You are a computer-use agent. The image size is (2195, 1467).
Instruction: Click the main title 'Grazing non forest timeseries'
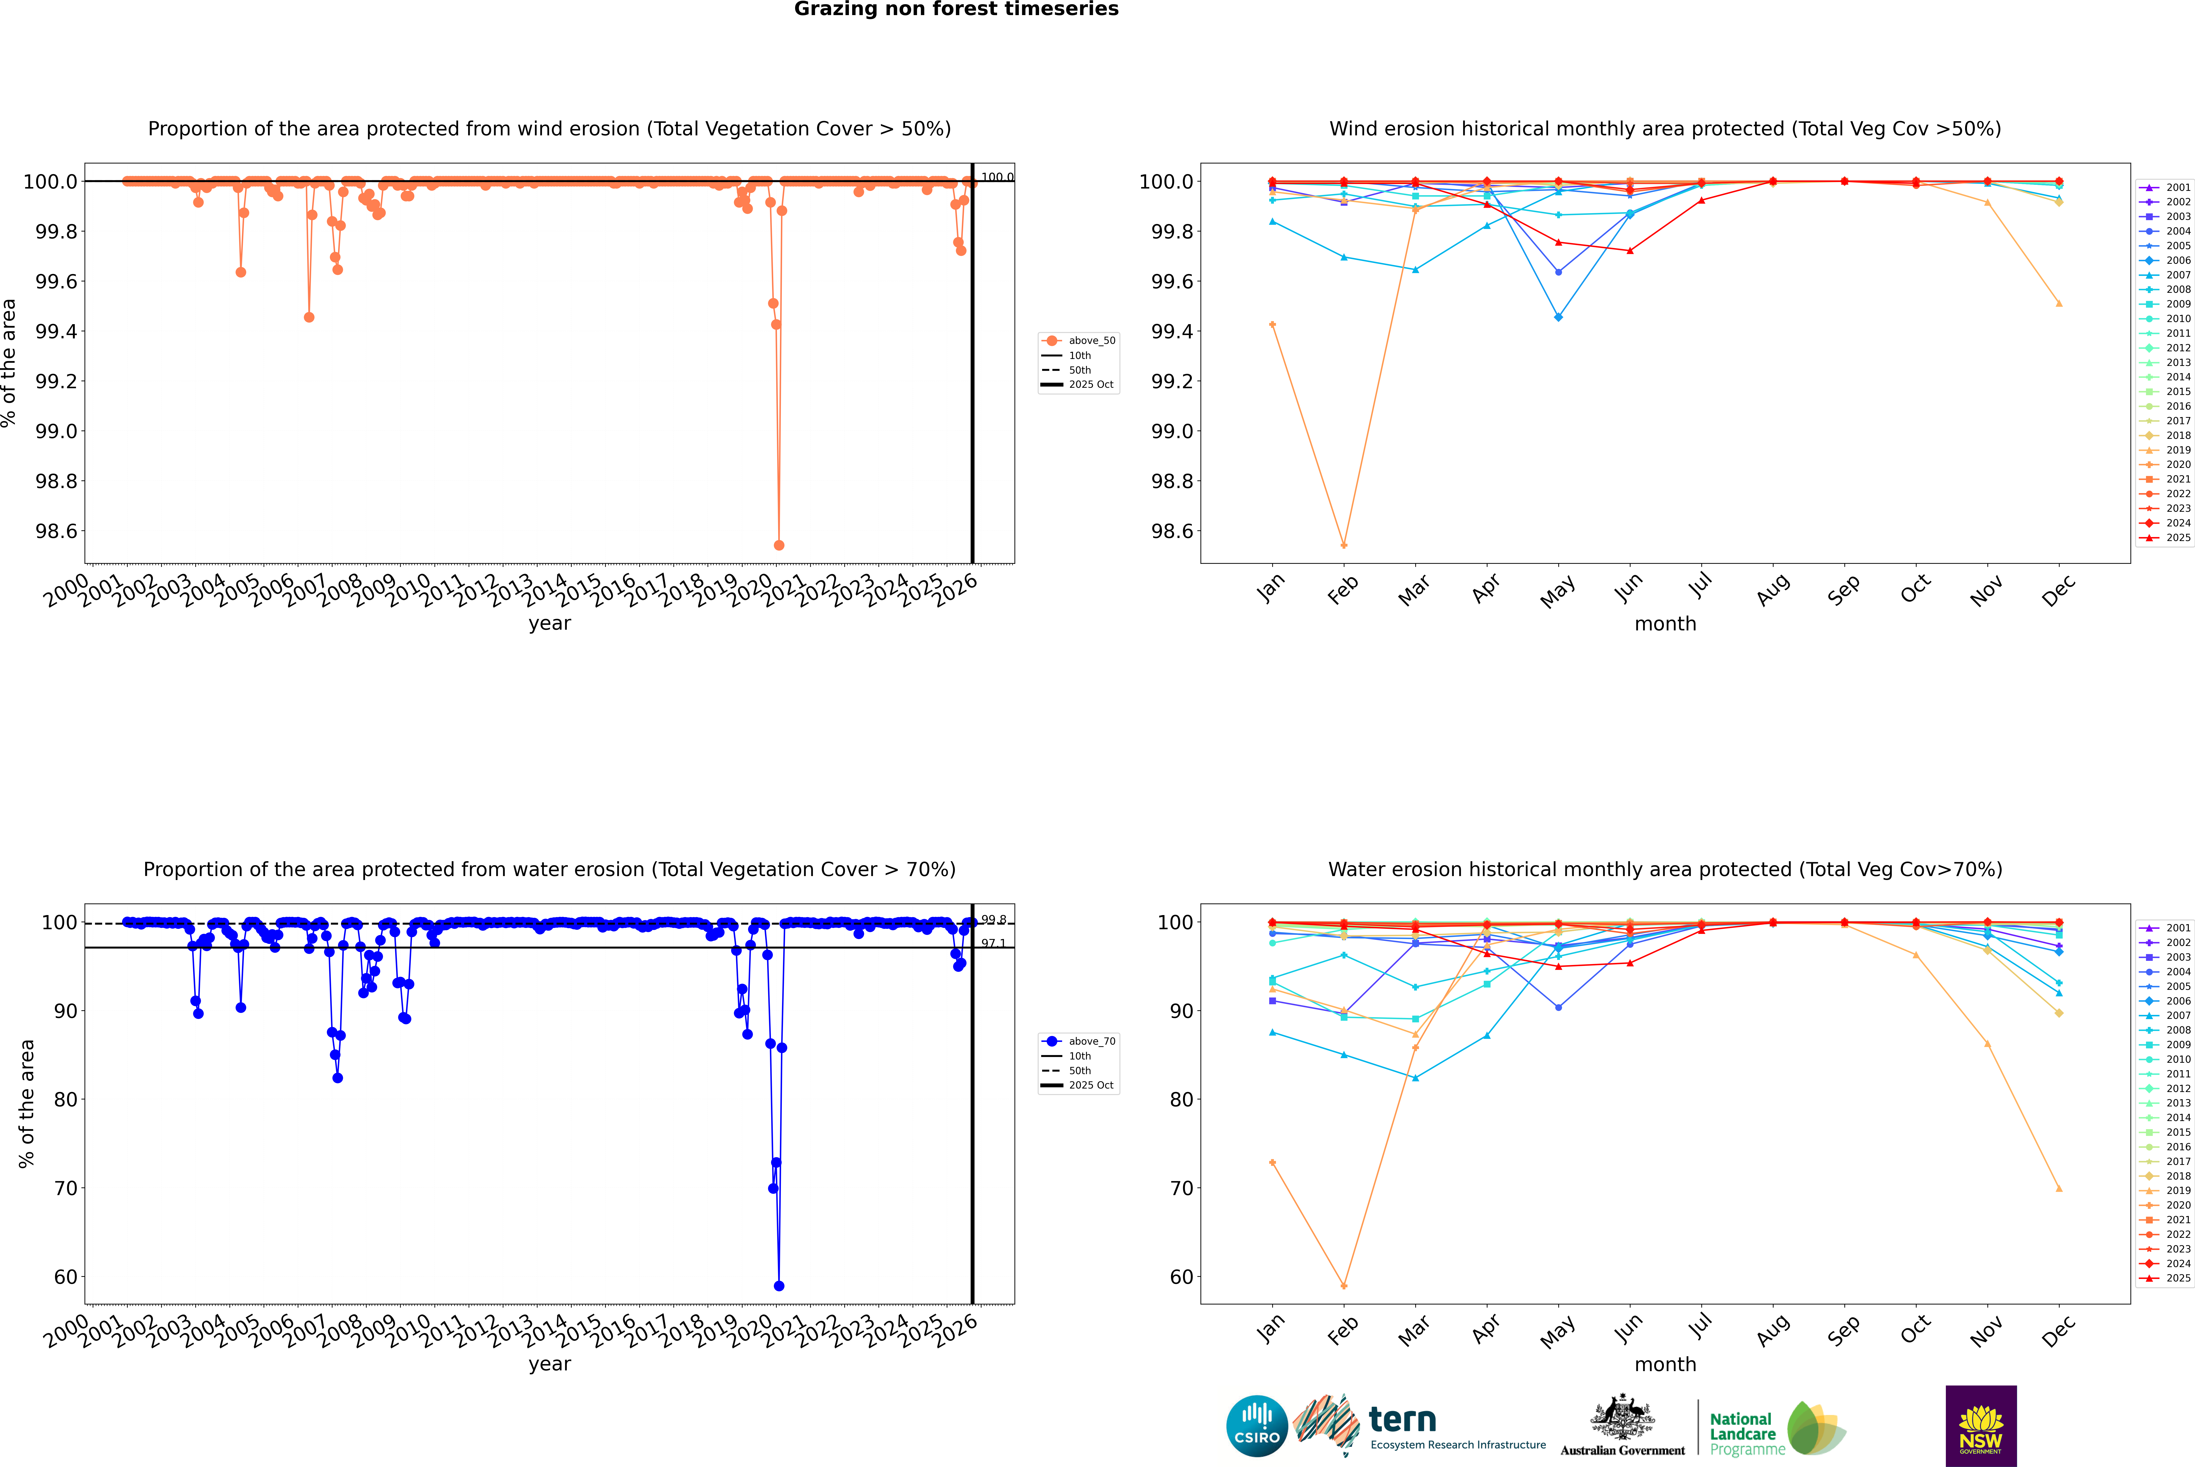point(956,9)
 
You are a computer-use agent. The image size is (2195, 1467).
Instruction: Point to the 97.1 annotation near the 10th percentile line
point(993,943)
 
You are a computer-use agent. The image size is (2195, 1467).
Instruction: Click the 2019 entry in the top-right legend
point(2177,450)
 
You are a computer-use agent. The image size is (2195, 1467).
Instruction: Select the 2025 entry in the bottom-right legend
point(2177,1278)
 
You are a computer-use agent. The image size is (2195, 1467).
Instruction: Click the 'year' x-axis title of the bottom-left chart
point(549,1364)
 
